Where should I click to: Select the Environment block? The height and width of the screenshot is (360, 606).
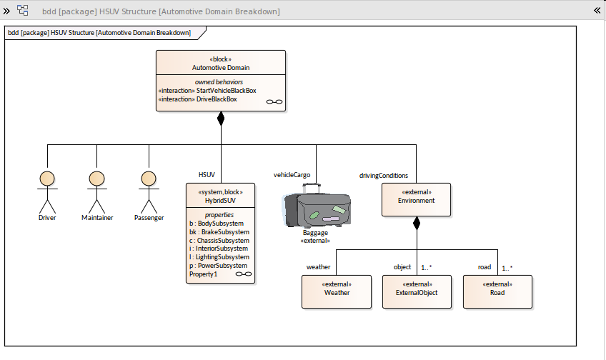click(x=416, y=199)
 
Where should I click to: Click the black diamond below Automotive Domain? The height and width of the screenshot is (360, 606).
click(x=221, y=119)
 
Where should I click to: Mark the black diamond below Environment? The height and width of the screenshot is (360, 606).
click(x=417, y=223)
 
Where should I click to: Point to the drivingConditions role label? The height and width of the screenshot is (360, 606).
click(x=383, y=175)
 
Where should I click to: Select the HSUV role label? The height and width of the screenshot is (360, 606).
click(x=207, y=175)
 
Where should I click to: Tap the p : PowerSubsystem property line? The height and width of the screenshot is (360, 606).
click(x=217, y=266)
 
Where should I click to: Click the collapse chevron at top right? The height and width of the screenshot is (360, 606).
click(x=597, y=10)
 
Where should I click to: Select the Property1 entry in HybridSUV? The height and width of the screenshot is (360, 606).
click(x=203, y=274)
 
